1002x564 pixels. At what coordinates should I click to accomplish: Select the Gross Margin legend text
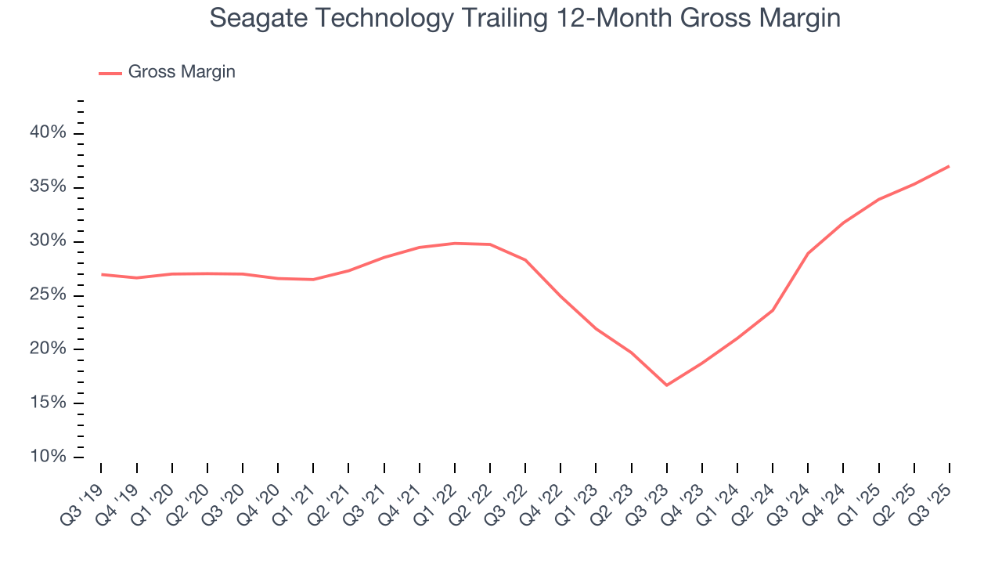(182, 72)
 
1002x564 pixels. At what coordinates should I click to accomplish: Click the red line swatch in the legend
(110, 73)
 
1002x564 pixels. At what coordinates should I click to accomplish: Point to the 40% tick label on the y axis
(48, 133)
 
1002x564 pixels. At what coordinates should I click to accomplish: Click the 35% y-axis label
(48, 187)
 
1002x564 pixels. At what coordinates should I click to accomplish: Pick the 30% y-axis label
(48, 241)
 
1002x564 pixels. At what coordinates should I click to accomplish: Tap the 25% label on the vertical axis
(48, 295)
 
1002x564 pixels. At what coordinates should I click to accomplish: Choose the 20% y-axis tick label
(48, 349)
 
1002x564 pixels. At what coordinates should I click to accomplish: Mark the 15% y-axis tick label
(48, 403)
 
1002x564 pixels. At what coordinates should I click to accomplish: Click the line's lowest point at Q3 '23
(666, 385)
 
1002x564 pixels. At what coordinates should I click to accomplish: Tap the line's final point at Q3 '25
(949, 166)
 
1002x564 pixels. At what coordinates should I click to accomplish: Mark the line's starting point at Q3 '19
(102, 274)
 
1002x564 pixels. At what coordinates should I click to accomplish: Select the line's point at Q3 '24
(808, 253)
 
